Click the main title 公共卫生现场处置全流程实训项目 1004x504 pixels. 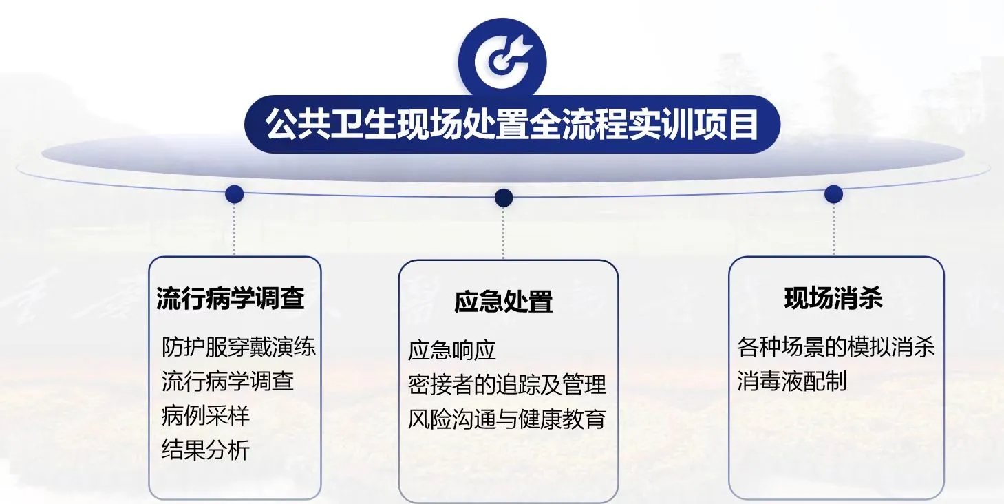point(512,124)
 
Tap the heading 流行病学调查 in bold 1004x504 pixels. point(231,298)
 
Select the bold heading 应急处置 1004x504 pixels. point(503,302)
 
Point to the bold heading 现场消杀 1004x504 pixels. point(833,298)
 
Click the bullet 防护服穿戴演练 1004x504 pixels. point(239,346)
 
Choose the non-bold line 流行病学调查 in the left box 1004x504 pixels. point(228,381)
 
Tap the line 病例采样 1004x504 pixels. point(205,416)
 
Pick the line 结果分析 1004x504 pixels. point(205,450)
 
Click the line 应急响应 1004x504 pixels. point(452,350)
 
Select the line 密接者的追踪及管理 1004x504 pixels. point(507,384)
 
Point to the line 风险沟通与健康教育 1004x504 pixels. point(507,419)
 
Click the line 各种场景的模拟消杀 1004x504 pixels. point(836,346)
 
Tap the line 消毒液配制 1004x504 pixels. point(792,381)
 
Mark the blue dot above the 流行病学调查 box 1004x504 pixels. point(235,194)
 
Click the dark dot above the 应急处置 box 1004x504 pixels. point(504,198)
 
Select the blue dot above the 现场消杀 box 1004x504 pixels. point(833,194)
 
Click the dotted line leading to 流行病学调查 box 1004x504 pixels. point(235,229)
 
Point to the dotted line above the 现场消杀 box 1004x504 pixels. point(833,229)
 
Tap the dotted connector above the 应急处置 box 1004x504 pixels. point(503,233)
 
